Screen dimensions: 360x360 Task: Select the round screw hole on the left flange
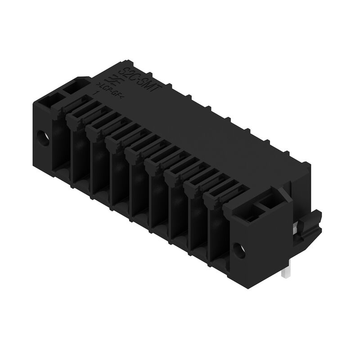tap(44, 136)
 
